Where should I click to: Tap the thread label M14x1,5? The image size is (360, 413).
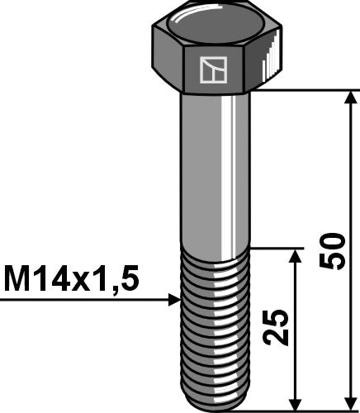point(72,278)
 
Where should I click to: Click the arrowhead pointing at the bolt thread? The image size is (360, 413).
point(173,299)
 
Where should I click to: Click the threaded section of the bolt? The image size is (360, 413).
point(214,330)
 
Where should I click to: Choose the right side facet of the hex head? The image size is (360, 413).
point(265,62)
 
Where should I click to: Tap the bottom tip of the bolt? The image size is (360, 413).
point(214,406)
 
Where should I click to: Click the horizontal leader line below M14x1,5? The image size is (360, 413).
point(83,299)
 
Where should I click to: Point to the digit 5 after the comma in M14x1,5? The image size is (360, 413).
point(129,278)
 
